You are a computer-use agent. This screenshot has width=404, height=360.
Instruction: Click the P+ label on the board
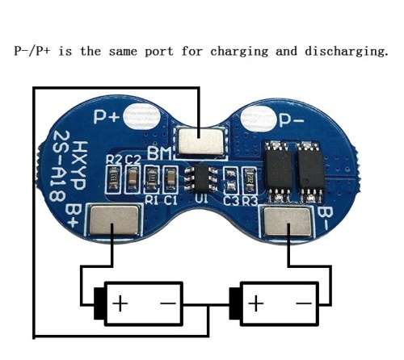pos(107,117)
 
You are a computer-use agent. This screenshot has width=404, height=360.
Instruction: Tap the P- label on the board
pos(292,120)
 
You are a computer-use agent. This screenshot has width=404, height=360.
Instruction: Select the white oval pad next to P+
pos(141,116)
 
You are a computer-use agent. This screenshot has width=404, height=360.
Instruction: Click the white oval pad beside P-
pos(259,119)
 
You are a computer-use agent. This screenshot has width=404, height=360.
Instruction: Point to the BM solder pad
pos(201,141)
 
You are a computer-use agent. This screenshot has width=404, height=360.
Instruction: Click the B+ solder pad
pos(114,220)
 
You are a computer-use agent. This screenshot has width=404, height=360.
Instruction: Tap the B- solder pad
pos(288,222)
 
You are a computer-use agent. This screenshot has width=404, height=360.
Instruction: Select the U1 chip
pos(201,178)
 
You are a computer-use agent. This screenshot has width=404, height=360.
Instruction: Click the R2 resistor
pos(113,179)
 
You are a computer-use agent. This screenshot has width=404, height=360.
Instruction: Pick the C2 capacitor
pos(133,179)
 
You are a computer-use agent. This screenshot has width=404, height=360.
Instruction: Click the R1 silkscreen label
pos(151,200)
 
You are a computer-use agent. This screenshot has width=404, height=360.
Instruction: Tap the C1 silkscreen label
pos(170,200)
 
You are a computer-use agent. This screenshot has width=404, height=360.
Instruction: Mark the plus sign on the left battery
pos(120,303)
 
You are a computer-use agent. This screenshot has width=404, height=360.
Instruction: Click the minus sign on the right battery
pos(304,303)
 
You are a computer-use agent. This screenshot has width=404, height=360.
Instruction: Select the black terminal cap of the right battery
pos(235,303)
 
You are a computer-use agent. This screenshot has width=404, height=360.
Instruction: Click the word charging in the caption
pos(239,52)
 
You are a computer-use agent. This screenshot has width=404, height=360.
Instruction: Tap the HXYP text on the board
pos(80,165)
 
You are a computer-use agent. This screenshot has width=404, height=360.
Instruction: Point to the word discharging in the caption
pos(347,52)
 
